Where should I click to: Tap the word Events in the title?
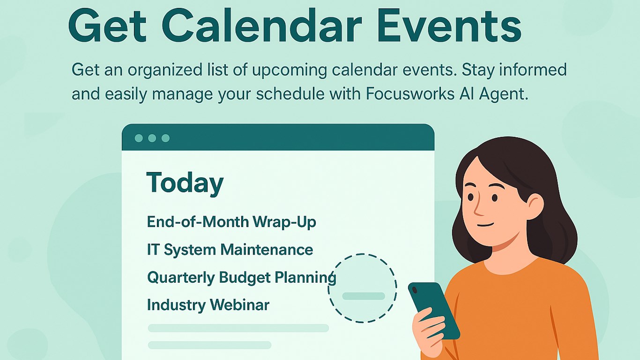pos(449,26)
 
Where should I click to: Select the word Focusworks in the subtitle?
pos(410,94)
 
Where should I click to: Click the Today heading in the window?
pos(185,183)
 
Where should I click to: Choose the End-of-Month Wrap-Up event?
pos(231,222)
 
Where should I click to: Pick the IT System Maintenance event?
pos(230,250)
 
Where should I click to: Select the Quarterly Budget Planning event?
pos(241,277)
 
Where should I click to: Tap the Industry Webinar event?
pos(208,305)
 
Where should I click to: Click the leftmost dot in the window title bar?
pos(139,138)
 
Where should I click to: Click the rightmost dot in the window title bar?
pos(165,138)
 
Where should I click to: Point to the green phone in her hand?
pos(434,310)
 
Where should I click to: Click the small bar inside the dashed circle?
pos(364,296)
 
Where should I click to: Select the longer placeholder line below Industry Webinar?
pos(238,328)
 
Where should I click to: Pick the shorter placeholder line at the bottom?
pos(209,345)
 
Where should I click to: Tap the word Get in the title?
pos(108,26)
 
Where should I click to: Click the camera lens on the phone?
pos(415,290)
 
